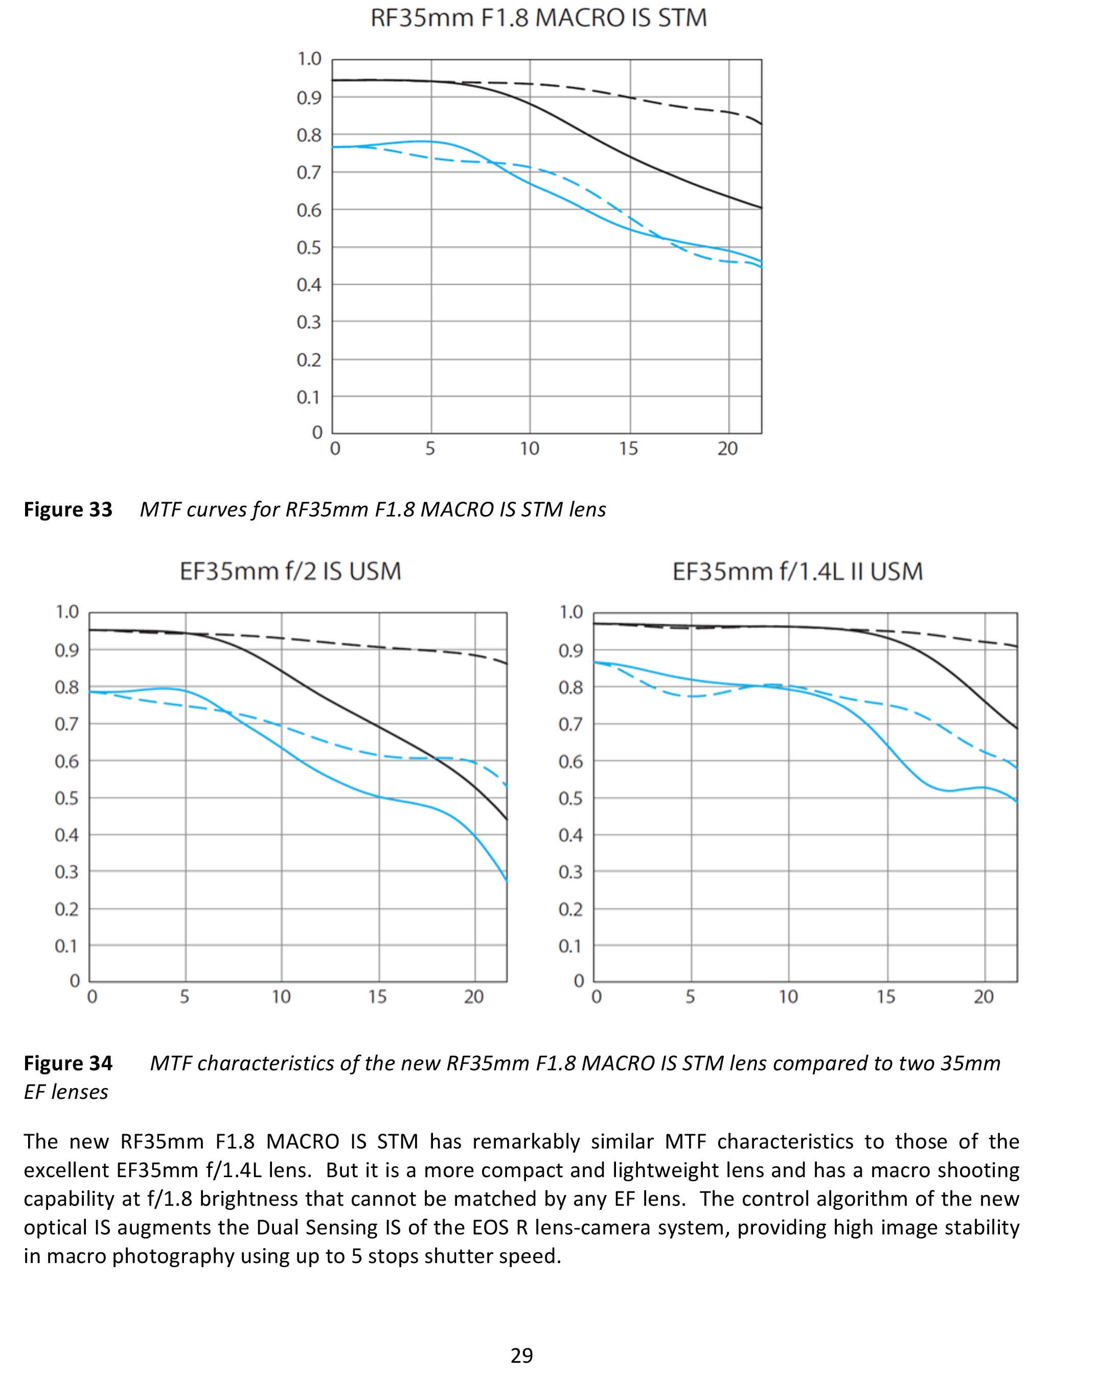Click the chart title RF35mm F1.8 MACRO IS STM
539,18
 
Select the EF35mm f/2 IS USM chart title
290,571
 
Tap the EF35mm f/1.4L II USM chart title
797,571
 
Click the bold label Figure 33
68,509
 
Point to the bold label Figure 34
68,1063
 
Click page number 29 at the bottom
521,1355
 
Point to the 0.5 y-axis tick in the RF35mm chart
309,248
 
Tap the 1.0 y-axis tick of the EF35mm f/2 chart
67,612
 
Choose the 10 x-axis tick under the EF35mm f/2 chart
281,997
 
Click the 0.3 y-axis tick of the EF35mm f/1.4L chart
571,872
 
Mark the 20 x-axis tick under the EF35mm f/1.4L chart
984,997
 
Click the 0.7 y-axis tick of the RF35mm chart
309,172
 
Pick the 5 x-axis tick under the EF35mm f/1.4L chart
690,997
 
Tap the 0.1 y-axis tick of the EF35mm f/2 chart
67,946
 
